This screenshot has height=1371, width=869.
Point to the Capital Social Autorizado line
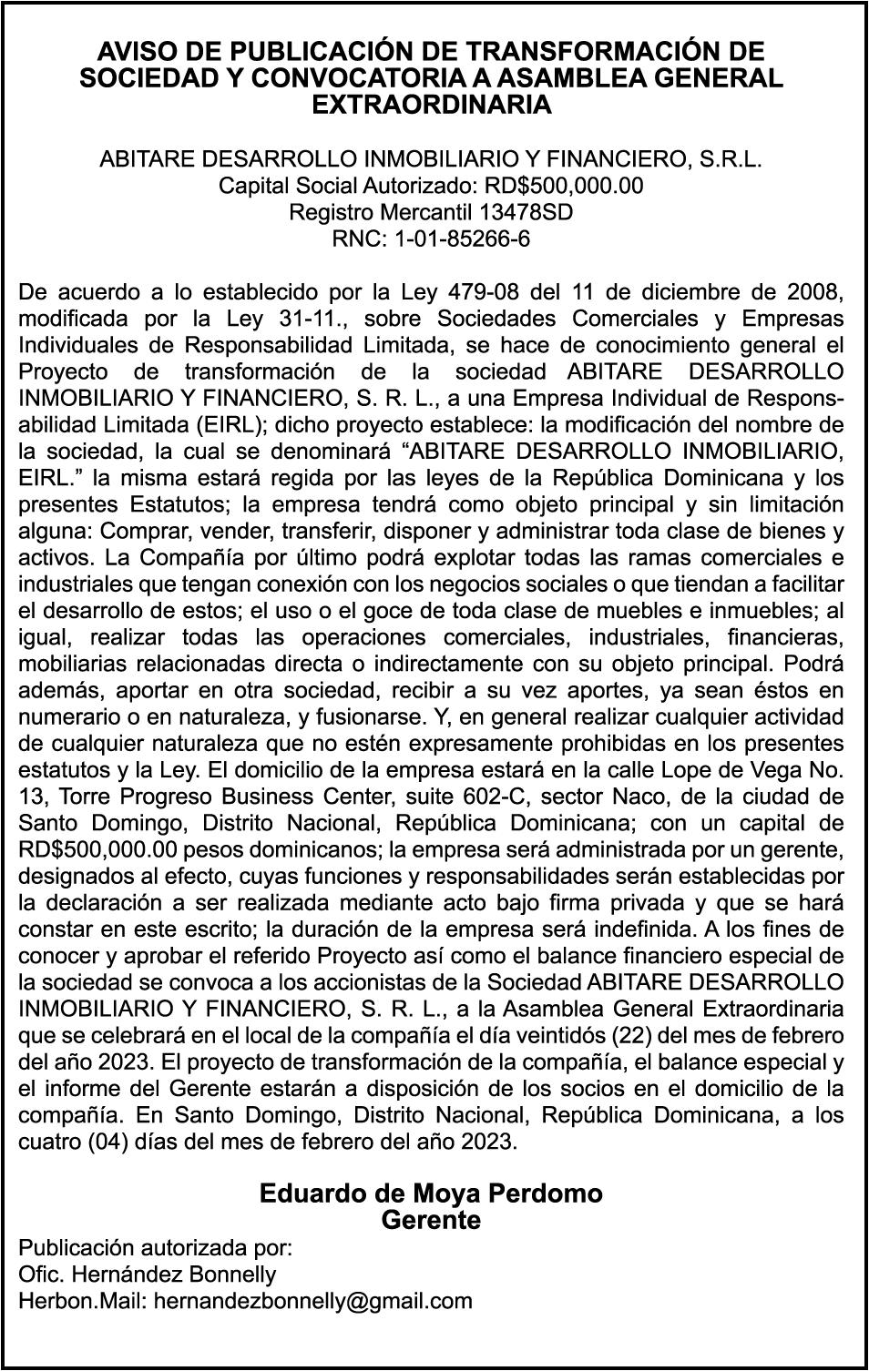click(x=431, y=187)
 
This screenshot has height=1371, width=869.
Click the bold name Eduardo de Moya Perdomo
click(x=431, y=1193)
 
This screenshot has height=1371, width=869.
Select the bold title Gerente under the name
click(x=431, y=1220)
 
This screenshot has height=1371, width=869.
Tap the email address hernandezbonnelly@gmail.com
click(x=312, y=1300)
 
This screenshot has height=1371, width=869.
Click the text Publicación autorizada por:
click(x=156, y=1247)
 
